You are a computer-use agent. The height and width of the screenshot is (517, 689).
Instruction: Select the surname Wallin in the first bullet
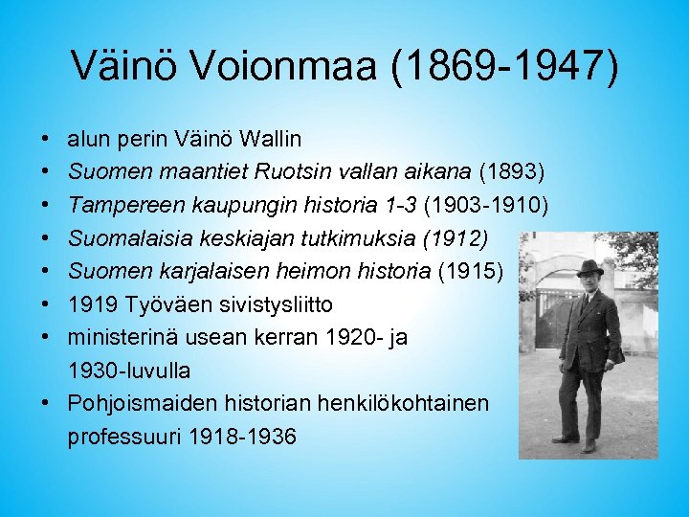pos(271,139)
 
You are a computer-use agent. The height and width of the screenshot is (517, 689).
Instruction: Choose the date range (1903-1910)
pos(485,205)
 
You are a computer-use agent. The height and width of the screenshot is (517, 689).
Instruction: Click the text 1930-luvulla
pos(128,370)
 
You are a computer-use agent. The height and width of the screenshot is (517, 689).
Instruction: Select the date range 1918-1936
pos(243,437)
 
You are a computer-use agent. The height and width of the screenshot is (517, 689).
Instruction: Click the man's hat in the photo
pos(589,268)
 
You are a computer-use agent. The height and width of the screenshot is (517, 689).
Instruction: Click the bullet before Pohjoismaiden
pos(46,403)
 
